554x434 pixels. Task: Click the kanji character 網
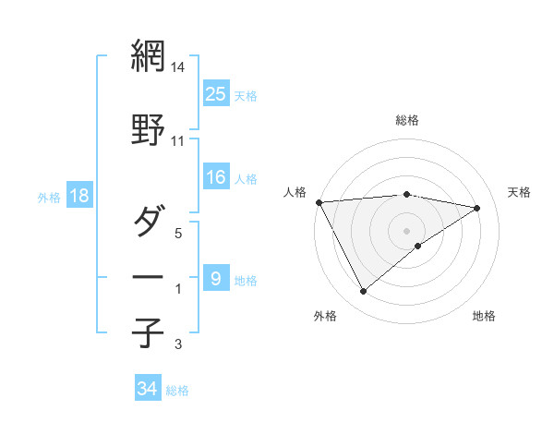pos(148,55)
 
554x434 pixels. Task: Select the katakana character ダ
pos(148,222)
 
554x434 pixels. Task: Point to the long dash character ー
pos(148,277)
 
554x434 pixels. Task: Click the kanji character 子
pos(148,332)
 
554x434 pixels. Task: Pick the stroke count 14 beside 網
pos(178,67)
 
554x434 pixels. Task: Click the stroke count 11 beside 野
pos(178,141)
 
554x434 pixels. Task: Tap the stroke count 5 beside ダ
pos(179,234)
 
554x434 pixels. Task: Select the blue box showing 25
pos(216,93)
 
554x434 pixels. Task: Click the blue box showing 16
pos(216,177)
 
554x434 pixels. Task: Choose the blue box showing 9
pos(215,278)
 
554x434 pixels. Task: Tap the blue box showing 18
pos(78,196)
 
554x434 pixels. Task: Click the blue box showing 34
pos(147,389)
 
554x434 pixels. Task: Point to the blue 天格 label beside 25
pos(246,95)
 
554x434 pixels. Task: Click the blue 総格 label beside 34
pos(177,391)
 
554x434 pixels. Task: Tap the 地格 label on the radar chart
pos(484,316)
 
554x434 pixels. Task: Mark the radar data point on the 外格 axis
pos(363,292)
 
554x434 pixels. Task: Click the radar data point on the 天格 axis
pos(477,208)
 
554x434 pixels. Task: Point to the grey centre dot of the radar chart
pos(406,230)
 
